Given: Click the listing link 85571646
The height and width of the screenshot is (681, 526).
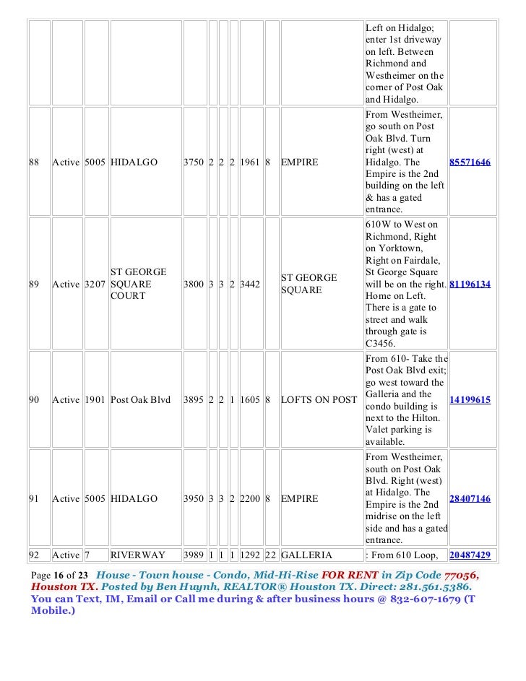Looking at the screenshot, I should pyautogui.click(x=470, y=162).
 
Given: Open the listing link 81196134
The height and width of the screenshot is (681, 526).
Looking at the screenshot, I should pyautogui.click(x=470, y=285).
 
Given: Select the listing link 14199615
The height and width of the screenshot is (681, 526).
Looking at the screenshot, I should pyautogui.click(x=470, y=399).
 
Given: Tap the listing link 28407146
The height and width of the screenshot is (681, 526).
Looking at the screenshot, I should pyautogui.click(x=470, y=498).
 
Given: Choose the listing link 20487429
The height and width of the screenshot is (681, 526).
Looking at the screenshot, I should pyautogui.click(x=470, y=555).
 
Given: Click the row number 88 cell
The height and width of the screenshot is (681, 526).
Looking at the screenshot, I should pyautogui.click(x=34, y=162).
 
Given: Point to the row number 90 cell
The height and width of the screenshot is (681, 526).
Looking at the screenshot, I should pyautogui.click(x=34, y=399).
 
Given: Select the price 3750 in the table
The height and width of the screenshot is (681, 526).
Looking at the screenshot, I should pyautogui.click(x=194, y=162).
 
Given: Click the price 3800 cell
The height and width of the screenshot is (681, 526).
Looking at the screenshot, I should pyautogui.click(x=194, y=285).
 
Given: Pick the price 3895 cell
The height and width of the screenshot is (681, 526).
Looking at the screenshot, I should pyautogui.click(x=194, y=399).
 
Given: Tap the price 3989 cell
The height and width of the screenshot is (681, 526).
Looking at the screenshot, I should pyautogui.click(x=194, y=555).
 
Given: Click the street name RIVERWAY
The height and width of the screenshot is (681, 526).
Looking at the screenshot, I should pyautogui.click(x=138, y=555).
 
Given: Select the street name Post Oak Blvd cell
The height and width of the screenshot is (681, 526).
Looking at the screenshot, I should pyautogui.click(x=140, y=399).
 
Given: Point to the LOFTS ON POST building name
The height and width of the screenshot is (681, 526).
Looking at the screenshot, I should pyautogui.click(x=319, y=399).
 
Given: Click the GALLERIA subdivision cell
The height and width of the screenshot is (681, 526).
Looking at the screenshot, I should pyautogui.click(x=306, y=555).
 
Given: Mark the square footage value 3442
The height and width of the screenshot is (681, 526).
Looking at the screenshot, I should pyautogui.click(x=251, y=285).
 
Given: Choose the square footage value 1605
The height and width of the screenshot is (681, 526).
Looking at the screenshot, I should pyautogui.click(x=251, y=399).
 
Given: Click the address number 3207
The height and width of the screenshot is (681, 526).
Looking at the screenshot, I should pyautogui.click(x=96, y=285).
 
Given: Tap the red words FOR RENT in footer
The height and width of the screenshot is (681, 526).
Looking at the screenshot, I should pyautogui.click(x=350, y=576).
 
